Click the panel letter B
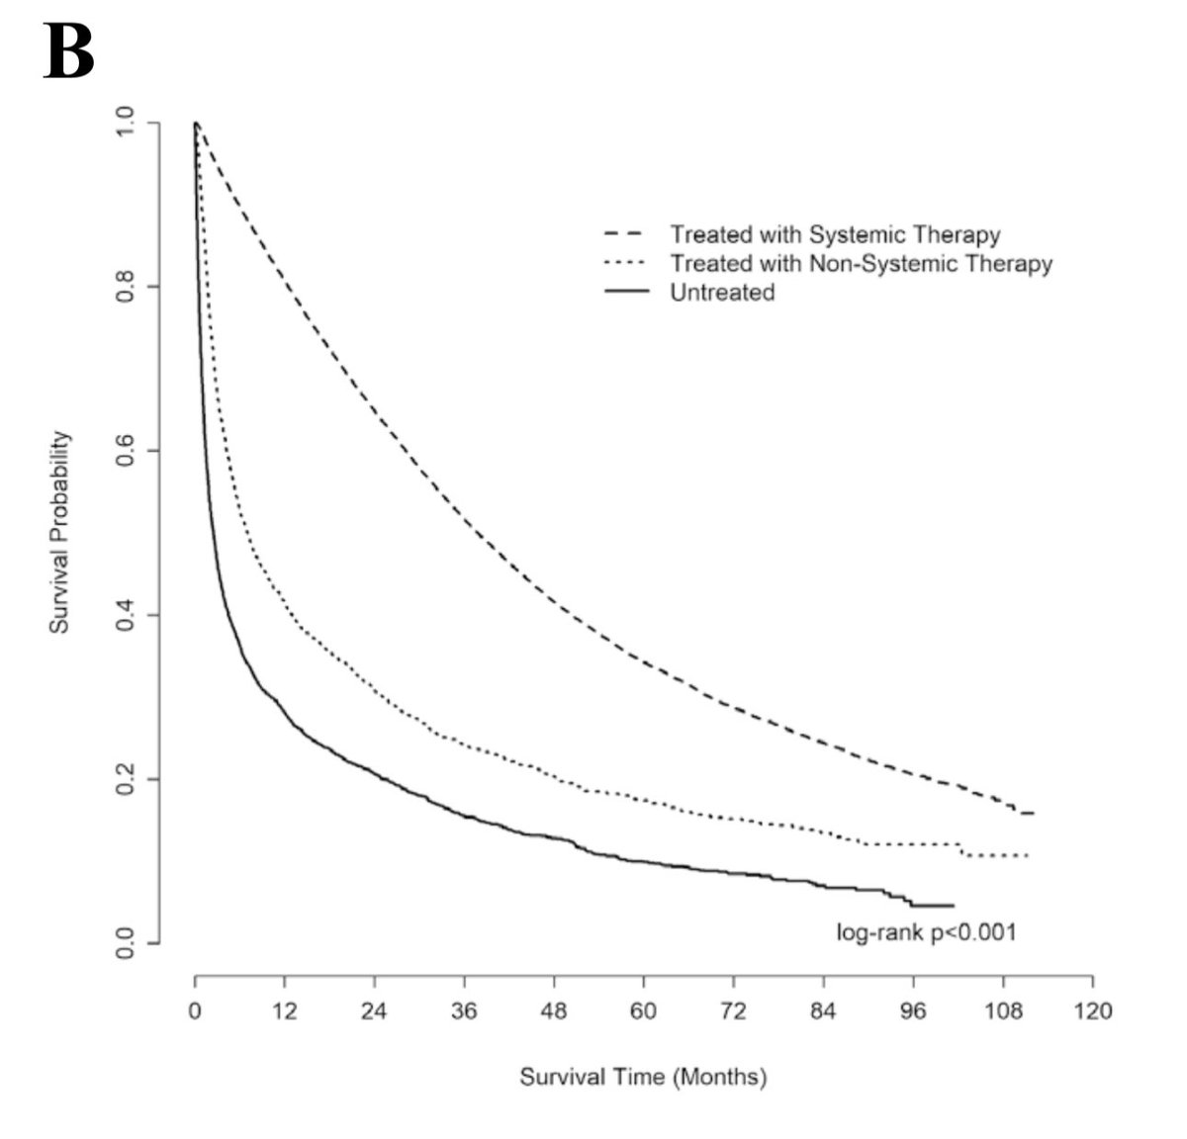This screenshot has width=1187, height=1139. [69, 53]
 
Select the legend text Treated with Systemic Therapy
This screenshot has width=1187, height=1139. [835, 235]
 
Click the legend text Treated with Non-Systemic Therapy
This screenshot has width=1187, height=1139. [861, 264]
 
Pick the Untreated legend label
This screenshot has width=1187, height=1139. [722, 293]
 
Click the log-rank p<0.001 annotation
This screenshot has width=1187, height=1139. [926, 932]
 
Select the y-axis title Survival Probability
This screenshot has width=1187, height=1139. [60, 531]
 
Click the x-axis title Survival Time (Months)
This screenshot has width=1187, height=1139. [643, 1077]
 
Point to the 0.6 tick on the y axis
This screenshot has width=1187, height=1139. [124, 451]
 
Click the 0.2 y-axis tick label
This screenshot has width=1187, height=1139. [124, 779]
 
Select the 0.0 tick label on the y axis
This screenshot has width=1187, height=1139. [124, 943]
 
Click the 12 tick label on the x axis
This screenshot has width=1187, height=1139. [285, 1011]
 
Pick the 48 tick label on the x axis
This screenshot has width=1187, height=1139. [554, 1011]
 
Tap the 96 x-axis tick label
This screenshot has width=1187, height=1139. [913, 1011]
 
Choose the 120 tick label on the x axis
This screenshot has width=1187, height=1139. [1092, 1011]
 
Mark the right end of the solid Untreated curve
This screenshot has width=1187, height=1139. [954, 906]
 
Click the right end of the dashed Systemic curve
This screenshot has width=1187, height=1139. [1034, 813]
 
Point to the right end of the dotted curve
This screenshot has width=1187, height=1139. [1029, 855]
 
